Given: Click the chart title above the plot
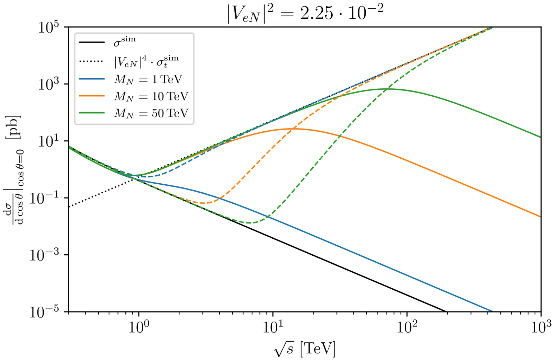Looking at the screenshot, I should click(x=305, y=13).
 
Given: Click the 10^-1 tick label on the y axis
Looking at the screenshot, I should click(x=44, y=198).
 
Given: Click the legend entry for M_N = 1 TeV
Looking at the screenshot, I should click(x=148, y=79).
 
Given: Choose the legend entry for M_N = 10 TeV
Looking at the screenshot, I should click(x=151, y=96).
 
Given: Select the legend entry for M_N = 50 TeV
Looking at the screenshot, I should click(x=151, y=113).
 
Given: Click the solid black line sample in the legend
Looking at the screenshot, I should click(x=92, y=42).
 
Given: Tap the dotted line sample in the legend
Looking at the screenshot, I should click(x=92, y=62).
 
